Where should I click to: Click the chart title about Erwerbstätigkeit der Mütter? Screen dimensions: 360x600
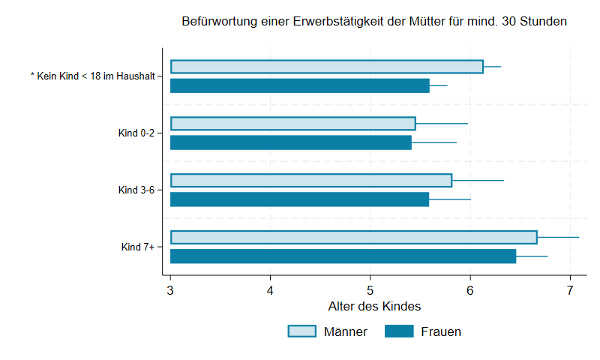click(373, 22)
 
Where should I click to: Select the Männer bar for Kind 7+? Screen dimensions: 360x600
click(353, 237)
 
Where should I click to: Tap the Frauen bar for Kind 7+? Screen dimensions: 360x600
click(343, 256)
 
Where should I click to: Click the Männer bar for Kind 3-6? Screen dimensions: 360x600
click(310, 180)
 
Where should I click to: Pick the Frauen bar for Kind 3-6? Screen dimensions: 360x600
click(299, 199)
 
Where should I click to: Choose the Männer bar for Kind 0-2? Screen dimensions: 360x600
click(292, 123)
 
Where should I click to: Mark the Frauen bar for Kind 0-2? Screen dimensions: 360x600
click(290, 142)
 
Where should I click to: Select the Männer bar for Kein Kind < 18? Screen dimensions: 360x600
click(326, 67)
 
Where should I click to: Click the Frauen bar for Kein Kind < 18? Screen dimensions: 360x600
click(299, 85)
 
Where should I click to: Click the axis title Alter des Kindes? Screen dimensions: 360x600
click(374, 307)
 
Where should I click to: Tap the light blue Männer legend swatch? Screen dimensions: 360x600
click(302, 331)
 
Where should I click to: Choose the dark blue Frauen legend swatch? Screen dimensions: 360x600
click(399, 331)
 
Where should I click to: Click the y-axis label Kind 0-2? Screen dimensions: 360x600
click(136, 133)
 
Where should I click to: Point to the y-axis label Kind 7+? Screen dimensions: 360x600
click(137, 247)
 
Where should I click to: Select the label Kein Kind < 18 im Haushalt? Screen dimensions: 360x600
click(92, 76)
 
